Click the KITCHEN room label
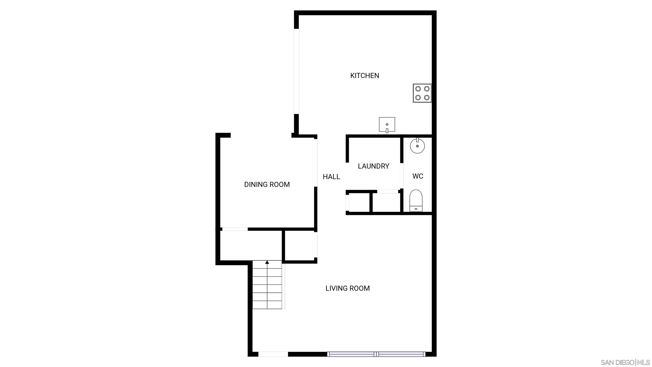364,75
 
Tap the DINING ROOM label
267,184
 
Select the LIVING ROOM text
347,288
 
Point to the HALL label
331,177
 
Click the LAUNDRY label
373,166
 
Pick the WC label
418,176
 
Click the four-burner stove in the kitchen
422,93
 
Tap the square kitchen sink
387,125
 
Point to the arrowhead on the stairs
267,262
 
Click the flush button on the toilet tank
416,209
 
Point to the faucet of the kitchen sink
387,131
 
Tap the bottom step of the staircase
267,305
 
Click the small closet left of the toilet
386,203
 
